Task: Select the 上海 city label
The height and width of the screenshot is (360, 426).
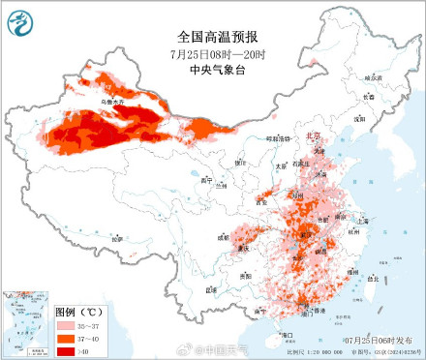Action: coord(364,220)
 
